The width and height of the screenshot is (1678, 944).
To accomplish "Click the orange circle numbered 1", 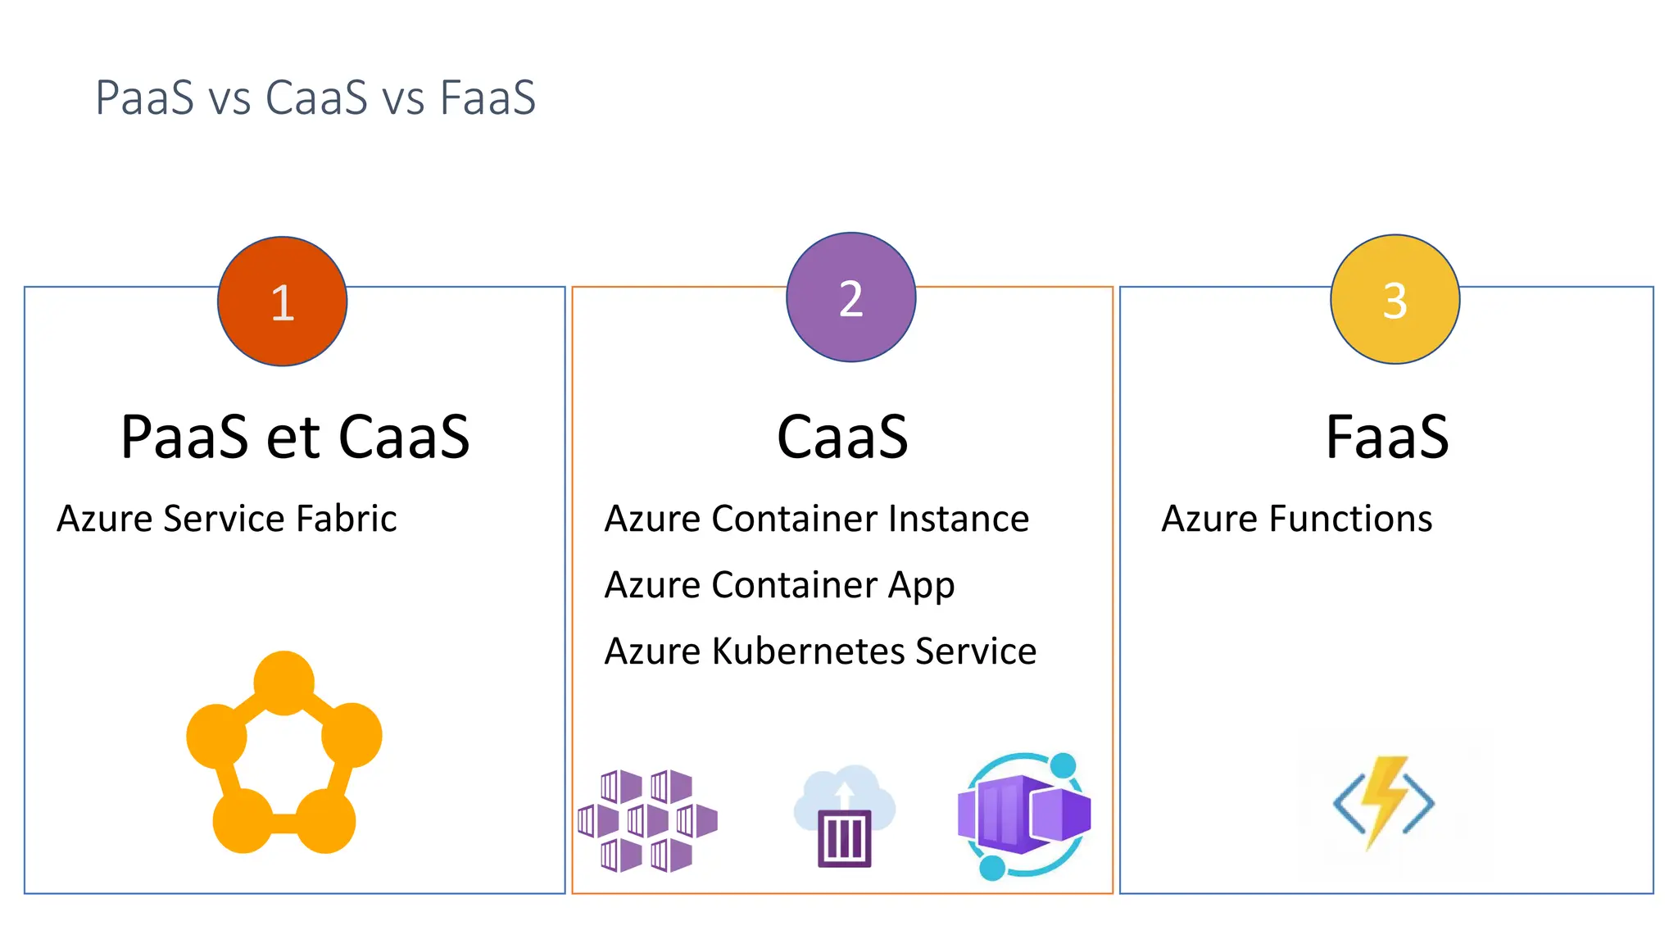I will pyautogui.click(x=282, y=302).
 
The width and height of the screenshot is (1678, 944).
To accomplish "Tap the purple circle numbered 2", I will pyautogui.click(x=850, y=297).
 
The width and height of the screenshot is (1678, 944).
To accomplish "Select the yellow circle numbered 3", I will pyautogui.click(x=1395, y=300).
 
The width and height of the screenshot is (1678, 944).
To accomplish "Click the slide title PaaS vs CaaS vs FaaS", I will pyautogui.click(x=315, y=98).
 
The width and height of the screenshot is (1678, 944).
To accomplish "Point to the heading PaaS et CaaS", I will pyautogui.click(x=295, y=437).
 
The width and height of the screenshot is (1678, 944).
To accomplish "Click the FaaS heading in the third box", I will pyautogui.click(x=1387, y=437).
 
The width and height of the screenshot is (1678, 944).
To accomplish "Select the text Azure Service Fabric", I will pyautogui.click(x=227, y=519).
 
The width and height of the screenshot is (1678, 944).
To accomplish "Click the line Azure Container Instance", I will pyautogui.click(x=816, y=519).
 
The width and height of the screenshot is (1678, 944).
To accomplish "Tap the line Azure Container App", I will pyautogui.click(x=779, y=585).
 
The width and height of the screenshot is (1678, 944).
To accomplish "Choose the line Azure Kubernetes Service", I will pyautogui.click(x=820, y=651).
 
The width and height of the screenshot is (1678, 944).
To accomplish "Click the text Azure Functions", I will pyautogui.click(x=1296, y=519).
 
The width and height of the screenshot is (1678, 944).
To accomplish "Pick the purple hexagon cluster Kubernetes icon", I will pyautogui.click(x=647, y=820).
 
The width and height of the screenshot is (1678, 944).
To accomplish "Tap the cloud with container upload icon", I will pyautogui.click(x=844, y=816).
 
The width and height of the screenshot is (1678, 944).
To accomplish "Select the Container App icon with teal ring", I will pyautogui.click(x=1024, y=816).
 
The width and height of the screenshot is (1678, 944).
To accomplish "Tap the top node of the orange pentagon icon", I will pyautogui.click(x=283, y=683).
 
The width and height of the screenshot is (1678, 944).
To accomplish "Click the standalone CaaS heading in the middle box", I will pyautogui.click(x=842, y=437).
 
